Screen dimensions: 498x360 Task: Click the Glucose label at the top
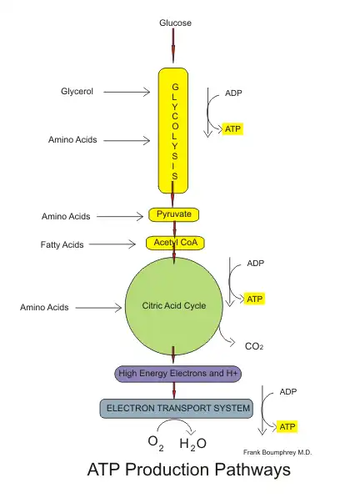175,23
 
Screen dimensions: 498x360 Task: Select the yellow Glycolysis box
174,129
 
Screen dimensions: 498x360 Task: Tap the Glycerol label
77,91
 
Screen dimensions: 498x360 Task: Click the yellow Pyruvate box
174,215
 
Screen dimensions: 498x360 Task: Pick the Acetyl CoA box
174,243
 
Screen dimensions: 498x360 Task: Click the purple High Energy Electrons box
177,374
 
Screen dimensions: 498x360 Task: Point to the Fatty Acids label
62,245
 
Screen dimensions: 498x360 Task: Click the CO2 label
254,345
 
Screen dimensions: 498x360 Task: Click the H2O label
192,444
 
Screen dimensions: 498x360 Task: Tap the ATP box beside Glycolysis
233,129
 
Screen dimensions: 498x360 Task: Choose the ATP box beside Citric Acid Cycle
255,299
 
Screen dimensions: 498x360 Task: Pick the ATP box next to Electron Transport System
287,427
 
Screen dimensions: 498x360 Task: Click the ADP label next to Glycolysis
234,94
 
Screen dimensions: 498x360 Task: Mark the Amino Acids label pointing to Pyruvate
65,217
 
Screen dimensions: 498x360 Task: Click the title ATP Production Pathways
188,470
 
